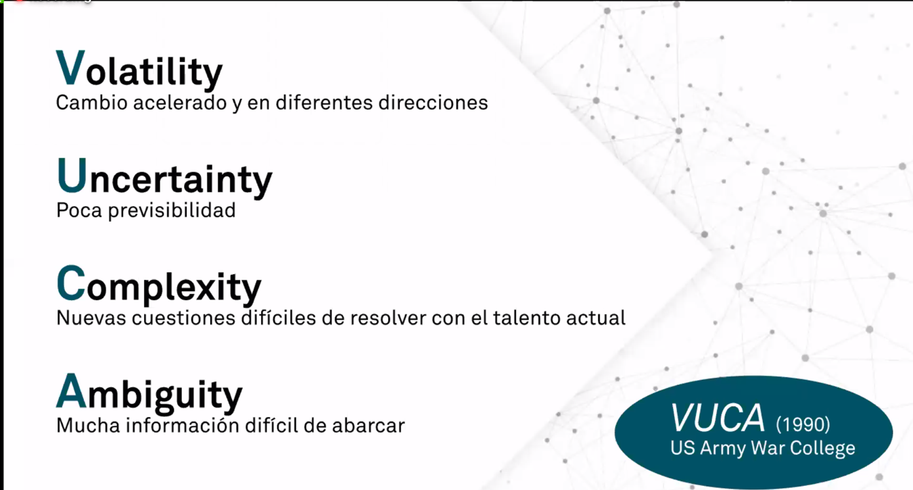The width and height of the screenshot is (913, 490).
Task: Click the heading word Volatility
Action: (x=139, y=69)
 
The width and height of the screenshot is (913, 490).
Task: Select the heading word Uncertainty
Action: (x=164, y=178)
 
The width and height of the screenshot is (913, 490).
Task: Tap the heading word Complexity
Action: (x=159, y=285)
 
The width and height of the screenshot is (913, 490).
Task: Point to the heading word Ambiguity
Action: (x=149, y=393)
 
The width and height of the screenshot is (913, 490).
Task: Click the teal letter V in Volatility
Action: (x=70, y=67)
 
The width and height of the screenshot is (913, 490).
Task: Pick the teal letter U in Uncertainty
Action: (x=72, y=175)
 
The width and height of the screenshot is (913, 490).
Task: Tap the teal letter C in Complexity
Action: (x=71, y=283)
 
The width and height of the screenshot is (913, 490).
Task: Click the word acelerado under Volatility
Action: (x=180, y=103)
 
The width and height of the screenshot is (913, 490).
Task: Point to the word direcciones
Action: (x=433, y=103)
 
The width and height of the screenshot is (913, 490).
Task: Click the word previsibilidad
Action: (x=172, y=211)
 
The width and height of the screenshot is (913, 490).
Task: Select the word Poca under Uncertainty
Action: (x=79, y=211)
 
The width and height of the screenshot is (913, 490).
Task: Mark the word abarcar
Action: (x=369, y=426)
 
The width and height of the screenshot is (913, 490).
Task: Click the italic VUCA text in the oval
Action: (x=718, y=418)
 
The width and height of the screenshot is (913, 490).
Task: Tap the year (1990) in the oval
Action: (x=803, y=424)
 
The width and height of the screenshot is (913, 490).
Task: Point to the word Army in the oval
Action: (x=723, y=449)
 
